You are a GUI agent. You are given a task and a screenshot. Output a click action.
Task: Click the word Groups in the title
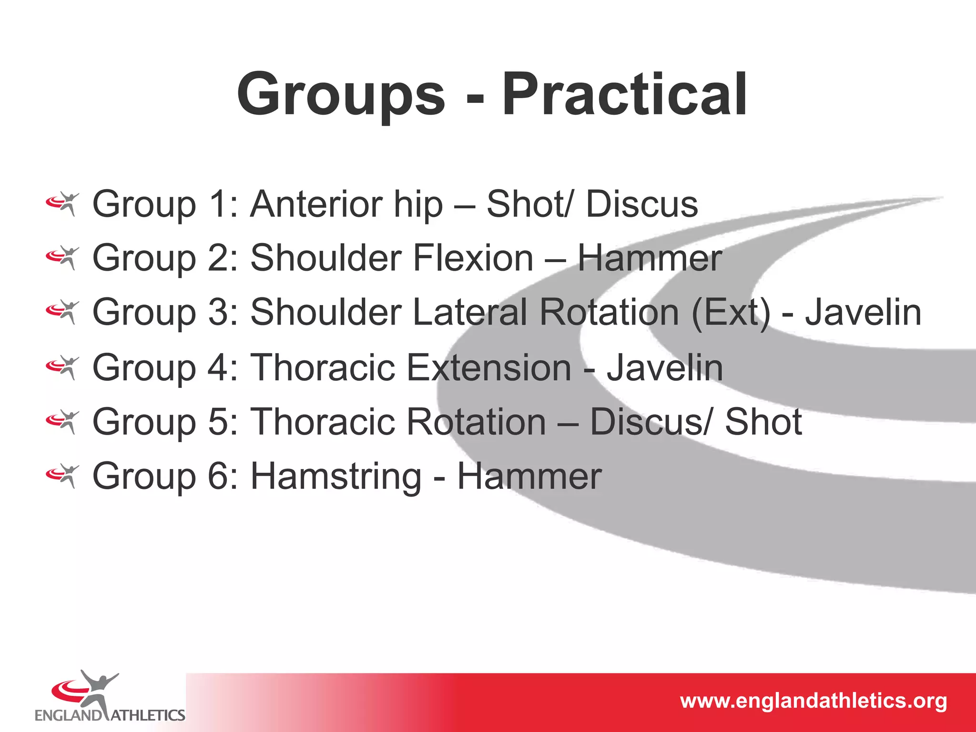click(341, 94)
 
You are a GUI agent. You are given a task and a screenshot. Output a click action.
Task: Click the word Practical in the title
click(624, 94)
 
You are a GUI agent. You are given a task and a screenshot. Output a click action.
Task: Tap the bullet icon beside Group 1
click(62, 204)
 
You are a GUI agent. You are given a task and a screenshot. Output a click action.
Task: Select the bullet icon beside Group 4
click(62, 368)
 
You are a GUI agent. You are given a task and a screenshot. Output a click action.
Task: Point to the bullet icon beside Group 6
click(62, 476)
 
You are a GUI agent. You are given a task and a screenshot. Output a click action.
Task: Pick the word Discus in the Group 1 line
click(641, 204)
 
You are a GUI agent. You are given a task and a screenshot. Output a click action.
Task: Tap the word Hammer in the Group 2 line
click(650, 258)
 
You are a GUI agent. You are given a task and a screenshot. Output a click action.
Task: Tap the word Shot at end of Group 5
click(763, 422)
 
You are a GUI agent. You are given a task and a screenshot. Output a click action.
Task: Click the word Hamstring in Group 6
click(336, 477)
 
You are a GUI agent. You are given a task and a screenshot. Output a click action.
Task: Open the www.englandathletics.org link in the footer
click(813, 701)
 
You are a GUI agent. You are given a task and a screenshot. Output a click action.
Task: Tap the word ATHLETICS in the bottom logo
click(148, 715)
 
